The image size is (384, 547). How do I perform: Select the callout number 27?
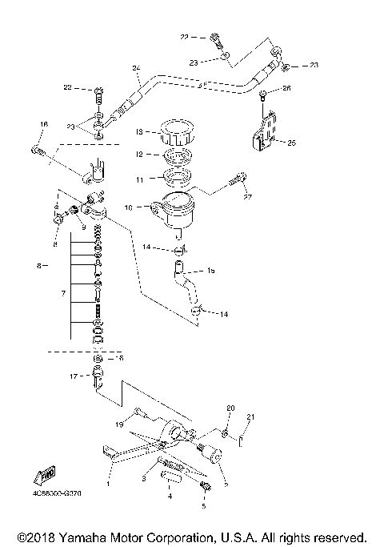249,197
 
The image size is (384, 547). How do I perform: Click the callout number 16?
43,124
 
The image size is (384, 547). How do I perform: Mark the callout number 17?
73,376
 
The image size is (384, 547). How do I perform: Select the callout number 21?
249,416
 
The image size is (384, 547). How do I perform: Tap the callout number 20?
230,408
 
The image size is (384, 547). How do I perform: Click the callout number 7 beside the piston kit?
62,295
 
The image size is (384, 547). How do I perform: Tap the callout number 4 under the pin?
169,497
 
